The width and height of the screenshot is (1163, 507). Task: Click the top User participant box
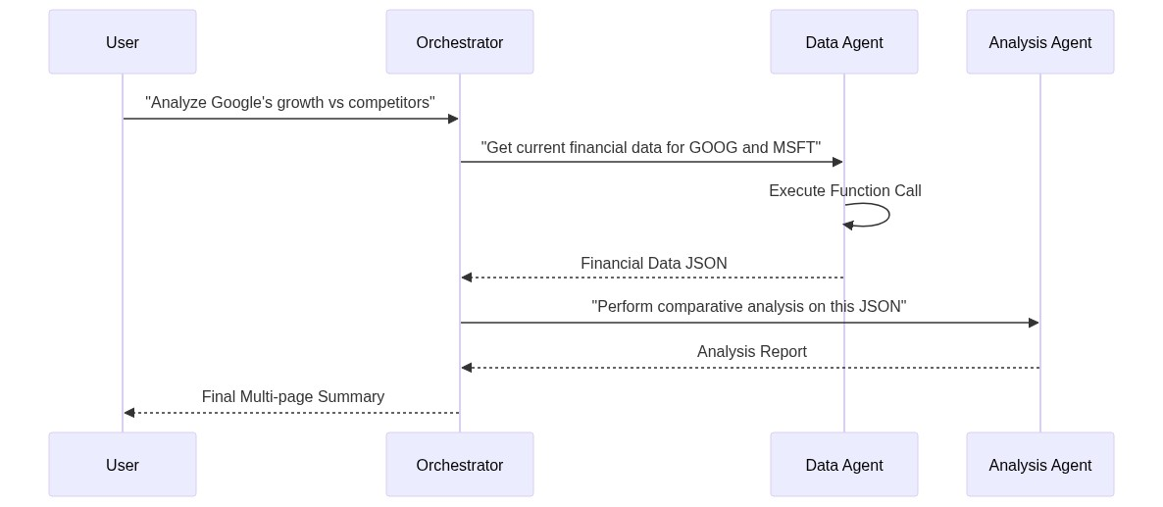[x=123, y=42]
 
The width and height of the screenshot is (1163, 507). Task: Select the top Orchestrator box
[x=460, y=42]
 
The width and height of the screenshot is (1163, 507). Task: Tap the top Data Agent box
[x=844, y=42]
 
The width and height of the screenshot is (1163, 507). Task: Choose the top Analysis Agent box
[x=1040, y=42]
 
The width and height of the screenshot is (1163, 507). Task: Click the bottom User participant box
[x=123, y=465]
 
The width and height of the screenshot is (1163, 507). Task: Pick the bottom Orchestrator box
[x=460, y=465]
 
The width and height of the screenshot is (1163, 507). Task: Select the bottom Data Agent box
[x=844, y=465]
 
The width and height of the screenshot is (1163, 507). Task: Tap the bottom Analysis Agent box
[x=1040, y=465]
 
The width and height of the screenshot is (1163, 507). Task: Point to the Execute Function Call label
[x=844, y=191]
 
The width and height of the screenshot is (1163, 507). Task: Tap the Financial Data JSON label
[x=653, y=264]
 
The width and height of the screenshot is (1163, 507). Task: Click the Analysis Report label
[x=751, y=352]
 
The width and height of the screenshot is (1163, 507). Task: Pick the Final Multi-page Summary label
[x=292, y=397]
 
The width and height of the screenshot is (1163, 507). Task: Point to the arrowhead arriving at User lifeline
[x=129, y=413]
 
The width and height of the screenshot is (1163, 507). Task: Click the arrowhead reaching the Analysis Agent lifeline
[x=1034, y=323]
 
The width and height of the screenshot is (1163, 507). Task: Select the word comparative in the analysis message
[x=702, y=307]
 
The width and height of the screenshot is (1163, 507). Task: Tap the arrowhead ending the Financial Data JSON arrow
[x=467, y=278]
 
